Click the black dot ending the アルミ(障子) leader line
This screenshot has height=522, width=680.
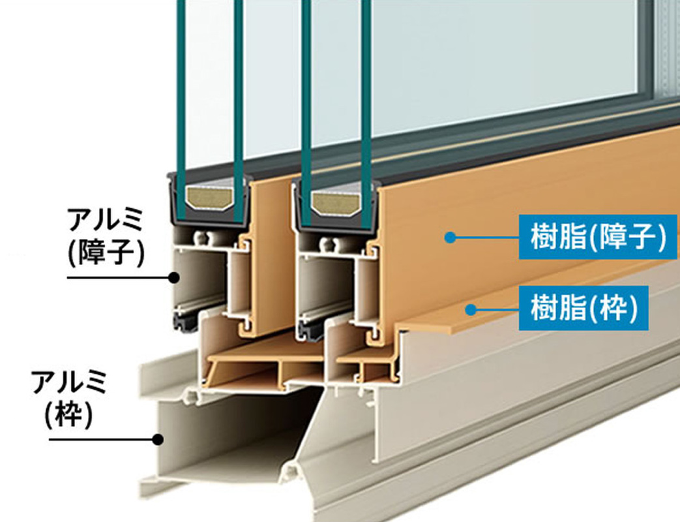coord(173,277)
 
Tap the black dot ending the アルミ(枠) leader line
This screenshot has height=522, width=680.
coord(157,439)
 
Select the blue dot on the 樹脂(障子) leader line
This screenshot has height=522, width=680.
coord(449,238)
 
